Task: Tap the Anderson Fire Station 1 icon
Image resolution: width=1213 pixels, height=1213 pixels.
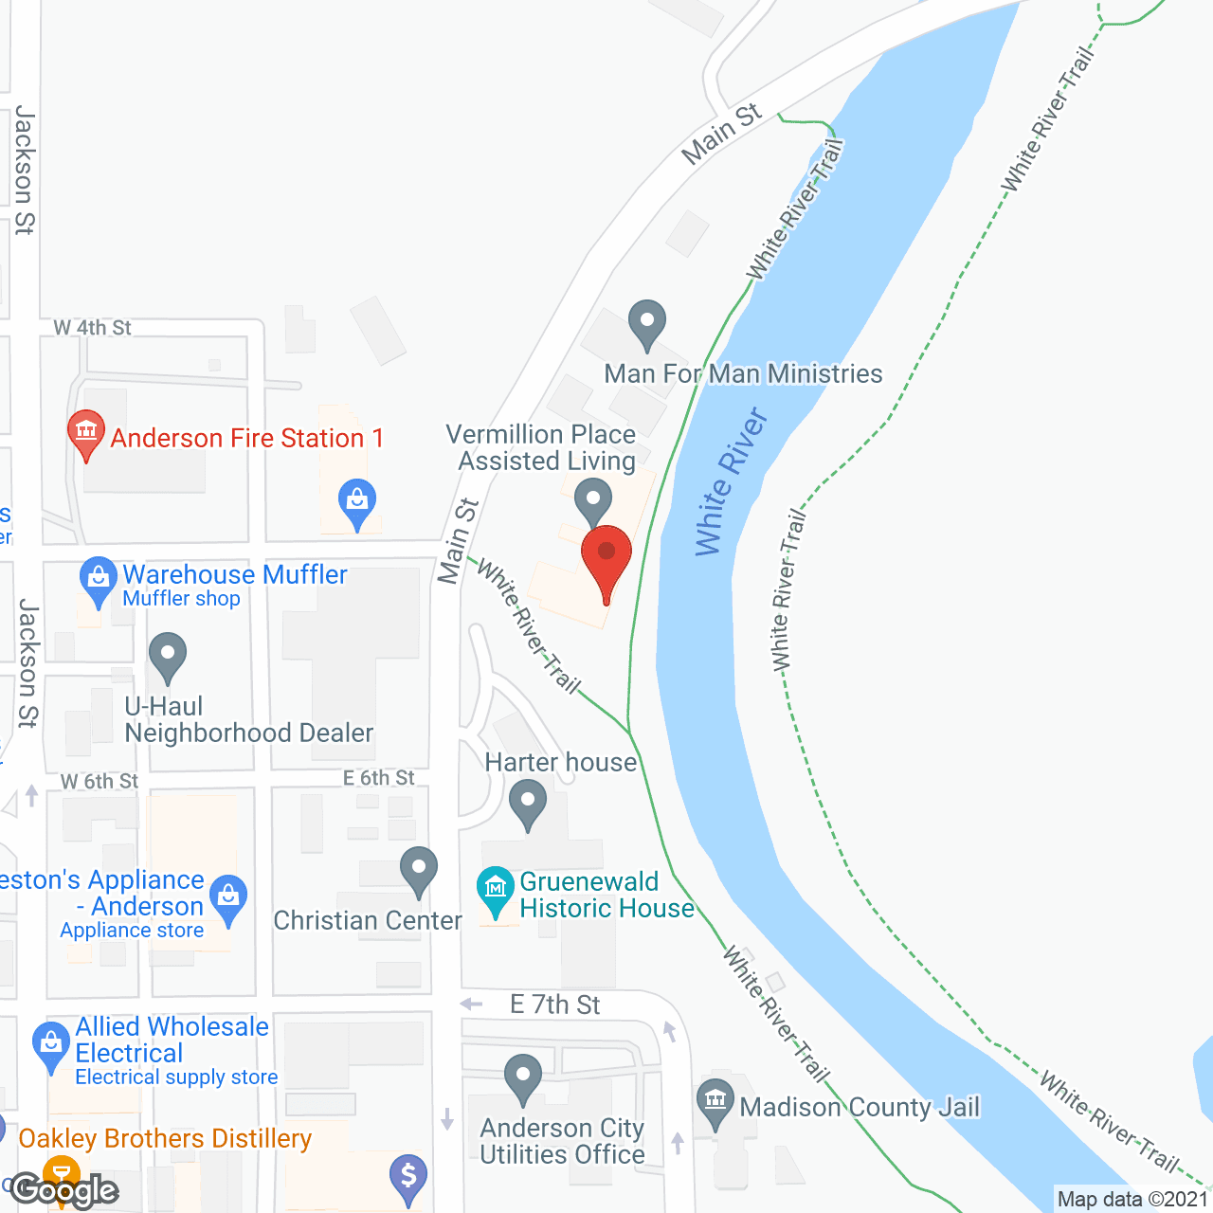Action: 85,432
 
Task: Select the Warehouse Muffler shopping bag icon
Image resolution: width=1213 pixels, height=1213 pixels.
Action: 98,577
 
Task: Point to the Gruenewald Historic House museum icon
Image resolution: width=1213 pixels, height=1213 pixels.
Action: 495,889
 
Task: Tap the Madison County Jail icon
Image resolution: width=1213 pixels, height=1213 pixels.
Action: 715,1101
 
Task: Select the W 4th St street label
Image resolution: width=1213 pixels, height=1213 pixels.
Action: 93,328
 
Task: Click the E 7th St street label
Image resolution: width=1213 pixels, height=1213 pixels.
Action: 554,1005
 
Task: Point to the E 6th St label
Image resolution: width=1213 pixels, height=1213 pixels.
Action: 378,778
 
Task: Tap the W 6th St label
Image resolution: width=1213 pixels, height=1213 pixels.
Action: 100,782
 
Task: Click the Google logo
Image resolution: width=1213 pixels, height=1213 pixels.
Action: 64,1190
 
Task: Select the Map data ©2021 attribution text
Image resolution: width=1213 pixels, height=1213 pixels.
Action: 1132,1199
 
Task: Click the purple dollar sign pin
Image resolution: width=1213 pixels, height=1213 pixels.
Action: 408,1176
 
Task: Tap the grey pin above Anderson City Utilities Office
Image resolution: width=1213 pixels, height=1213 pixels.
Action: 522,1077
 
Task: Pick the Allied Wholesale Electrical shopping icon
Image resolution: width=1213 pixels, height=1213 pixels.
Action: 50,1044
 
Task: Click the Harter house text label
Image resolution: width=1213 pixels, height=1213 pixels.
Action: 561,762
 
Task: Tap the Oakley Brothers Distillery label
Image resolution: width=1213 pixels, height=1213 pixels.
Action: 165,1138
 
